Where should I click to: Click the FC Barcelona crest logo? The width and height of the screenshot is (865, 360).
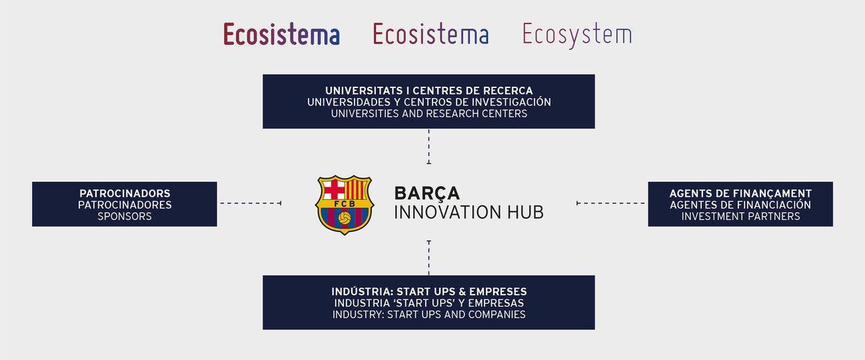(x=345, y=205)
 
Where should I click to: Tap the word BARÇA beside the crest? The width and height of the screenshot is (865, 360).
(x=427, y=193)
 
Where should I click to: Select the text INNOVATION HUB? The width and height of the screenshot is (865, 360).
(x=468, y=213)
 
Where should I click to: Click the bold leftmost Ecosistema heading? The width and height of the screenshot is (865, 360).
(x=281, y=35)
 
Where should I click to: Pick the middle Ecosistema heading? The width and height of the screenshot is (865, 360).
(x=431, y=35)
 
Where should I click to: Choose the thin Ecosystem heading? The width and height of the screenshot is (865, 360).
(x=576, y=35)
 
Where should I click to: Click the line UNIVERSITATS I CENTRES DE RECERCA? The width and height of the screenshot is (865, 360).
(x=429, y=90)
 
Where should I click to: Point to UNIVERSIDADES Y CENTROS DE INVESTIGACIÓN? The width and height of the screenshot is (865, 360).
(x=429, y=102)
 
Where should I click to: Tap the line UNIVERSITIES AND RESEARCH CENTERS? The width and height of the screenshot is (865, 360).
(x=429, y=113)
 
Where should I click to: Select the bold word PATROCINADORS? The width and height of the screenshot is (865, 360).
(x=125, y=193)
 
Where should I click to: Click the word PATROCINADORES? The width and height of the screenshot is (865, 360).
(x=125, y=205)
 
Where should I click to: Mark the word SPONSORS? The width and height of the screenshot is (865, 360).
(x=125, y=216)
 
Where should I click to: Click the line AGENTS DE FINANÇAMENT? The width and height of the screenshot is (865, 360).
(x=740, y=193)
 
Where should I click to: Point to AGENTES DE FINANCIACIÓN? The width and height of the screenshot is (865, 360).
(x=740, y=205)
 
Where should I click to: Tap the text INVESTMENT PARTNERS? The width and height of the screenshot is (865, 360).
(x=740, y=216)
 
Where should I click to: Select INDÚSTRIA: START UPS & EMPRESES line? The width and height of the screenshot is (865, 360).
(x=429, y=291)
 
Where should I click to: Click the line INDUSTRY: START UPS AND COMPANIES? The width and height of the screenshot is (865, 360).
(x=429, y=314)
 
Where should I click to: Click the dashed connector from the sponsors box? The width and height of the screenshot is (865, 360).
(x=251, y=203)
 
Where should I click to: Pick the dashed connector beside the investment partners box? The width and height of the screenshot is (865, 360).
(x=610, y=203)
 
